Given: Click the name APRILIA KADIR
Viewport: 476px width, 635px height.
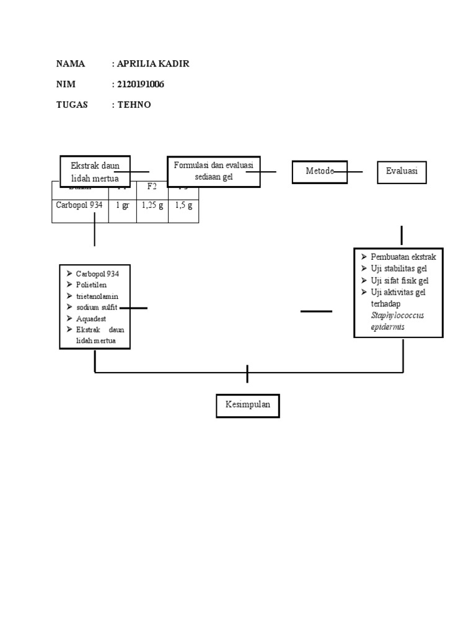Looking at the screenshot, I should click(149, 64).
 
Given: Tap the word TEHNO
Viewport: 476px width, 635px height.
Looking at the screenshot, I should click(134, 105).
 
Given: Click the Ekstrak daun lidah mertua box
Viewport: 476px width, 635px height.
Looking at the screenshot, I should click(95, 171).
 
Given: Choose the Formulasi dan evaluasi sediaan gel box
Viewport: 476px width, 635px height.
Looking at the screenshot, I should click(213, 171).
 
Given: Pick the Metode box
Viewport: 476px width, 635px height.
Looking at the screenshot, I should click(319, 171).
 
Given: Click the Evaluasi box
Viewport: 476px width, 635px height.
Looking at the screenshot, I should click(402, 171).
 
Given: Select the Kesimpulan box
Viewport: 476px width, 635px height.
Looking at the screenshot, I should click(247, 406).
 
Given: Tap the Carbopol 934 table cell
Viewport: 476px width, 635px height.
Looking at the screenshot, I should click(79, 205).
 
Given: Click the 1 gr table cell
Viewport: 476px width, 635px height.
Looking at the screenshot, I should click(122, 205).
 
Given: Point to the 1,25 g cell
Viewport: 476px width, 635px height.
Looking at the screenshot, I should click(152, 205).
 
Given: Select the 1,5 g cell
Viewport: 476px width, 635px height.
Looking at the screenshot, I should click(183, 205).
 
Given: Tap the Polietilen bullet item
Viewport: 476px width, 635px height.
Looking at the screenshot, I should click(91, 285).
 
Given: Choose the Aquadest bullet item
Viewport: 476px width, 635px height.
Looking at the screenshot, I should click(91, 318).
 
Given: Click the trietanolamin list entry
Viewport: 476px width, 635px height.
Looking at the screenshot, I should click(97, 296).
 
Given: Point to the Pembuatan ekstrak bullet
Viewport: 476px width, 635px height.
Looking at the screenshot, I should click(403, 257).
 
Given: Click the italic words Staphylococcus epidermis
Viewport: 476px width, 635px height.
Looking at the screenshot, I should click(397, 321).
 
